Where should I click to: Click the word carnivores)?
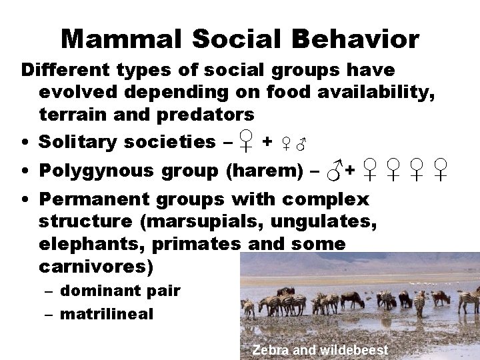96,267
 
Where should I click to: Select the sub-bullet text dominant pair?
120,290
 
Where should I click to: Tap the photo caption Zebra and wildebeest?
320,349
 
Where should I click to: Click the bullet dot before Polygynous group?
24,171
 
